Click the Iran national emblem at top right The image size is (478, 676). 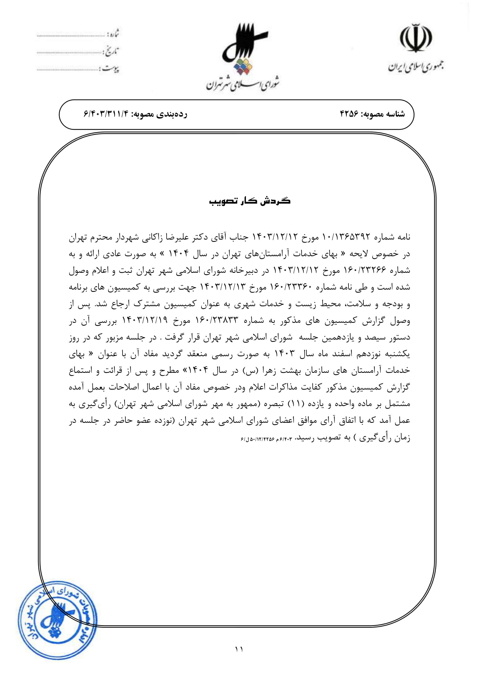[x=416, y=38]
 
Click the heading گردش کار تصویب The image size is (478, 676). [x=250, y=201]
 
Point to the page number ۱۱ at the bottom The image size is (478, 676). [x=239, y=649]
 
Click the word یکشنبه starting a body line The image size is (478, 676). [x=397, y=354]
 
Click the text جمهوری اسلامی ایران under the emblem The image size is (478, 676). [x=416, y=67]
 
